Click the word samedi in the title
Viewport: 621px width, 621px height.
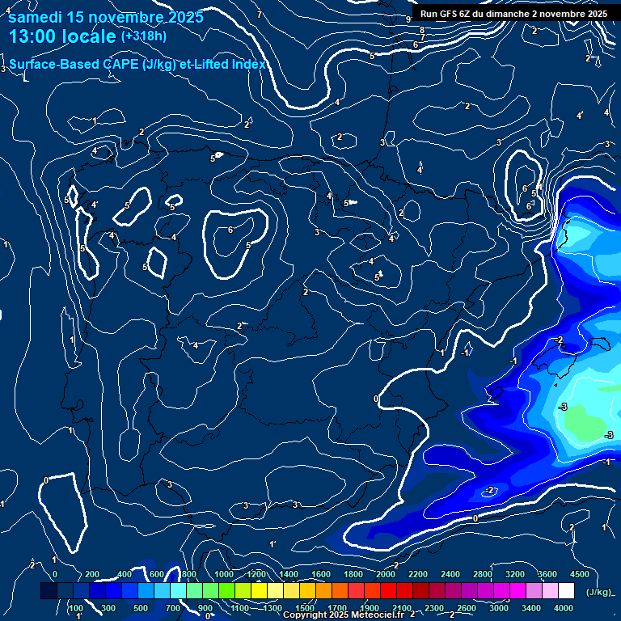tap(32, 17)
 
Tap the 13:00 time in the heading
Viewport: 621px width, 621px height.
tap(32, 36)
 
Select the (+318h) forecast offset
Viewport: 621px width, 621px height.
tap(143, 36)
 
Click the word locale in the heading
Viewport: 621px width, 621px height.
tap(89, 36)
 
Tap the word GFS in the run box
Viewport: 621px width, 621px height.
tap(450, 14)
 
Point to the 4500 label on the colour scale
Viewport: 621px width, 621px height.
tap(580, 574)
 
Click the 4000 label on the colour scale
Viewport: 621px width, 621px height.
tap(564, 608)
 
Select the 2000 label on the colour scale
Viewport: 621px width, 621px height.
tap(386, 574)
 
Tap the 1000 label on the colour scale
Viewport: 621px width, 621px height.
tap(224, 574)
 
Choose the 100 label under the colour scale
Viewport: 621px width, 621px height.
tap(75, 608)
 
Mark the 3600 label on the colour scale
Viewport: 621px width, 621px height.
tap(547, 574)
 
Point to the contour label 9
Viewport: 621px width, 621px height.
tap(408, 19)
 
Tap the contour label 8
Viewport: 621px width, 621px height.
tap(421, 30)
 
